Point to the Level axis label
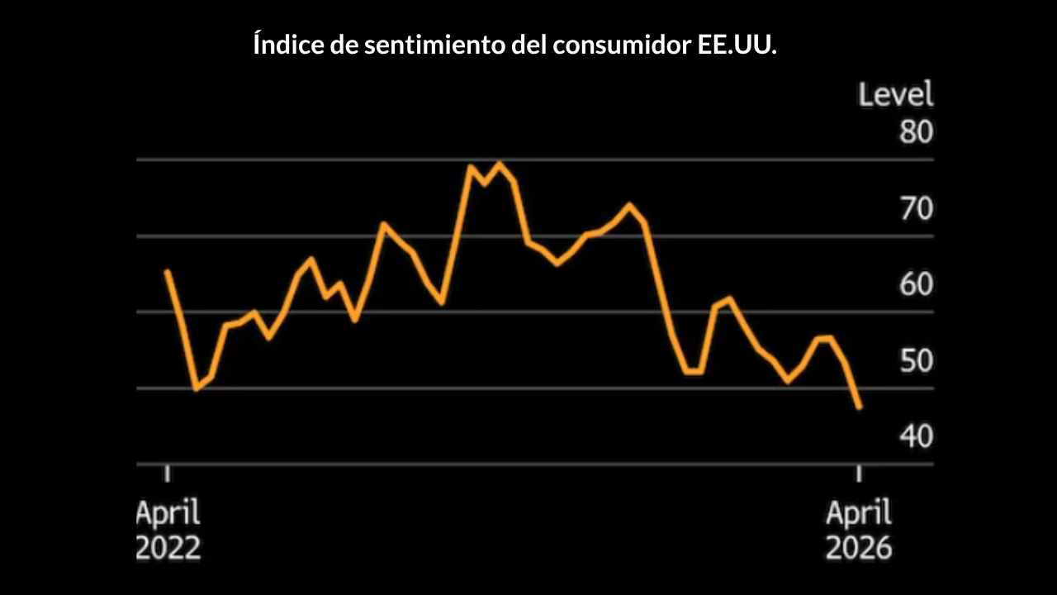(x=896, y=94)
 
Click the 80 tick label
(x=916, y=132)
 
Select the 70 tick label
(x=916, y=209)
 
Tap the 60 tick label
(x=916, y=285)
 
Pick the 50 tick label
(x=916, y=361)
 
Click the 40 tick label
(x=916, y=436)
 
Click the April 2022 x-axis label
(x=168, y=531)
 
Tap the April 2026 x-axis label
(x=859, y=531)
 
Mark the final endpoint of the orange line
(x=860, y=407)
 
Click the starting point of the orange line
(x=167, y=271)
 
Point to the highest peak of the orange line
(x=499, y=164)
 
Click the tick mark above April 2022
(x=168, y=473)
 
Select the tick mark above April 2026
(x=859, y=473)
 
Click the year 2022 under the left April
(x=168, y=548)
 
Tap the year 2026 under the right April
(x=859, y=548)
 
